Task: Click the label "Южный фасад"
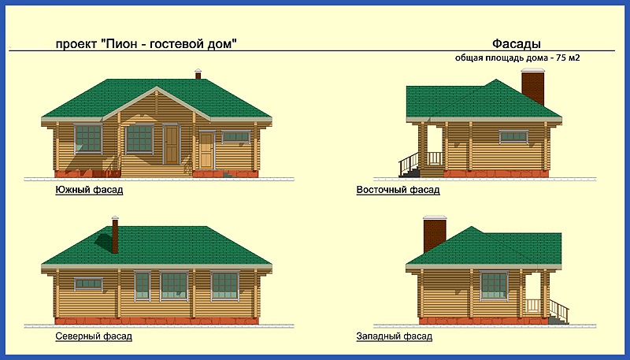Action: [89, 190]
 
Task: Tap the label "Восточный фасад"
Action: [398, 190]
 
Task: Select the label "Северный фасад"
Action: [94, 336]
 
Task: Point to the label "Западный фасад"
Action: [395, 336]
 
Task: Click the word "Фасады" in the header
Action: [517, 43]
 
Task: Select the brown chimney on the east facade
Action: [533, 87]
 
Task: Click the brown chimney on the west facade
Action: [435, 234]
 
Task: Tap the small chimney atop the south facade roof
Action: [198, 74]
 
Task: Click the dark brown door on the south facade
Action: [172, 144]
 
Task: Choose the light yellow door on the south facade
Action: [206, 150]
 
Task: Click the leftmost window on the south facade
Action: [87, 139]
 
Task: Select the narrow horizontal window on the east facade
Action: [513, 136]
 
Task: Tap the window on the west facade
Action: [494, 285]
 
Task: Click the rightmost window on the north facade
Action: [224, 285]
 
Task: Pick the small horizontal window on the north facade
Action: [88, 284]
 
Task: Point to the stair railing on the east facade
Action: [409, 163]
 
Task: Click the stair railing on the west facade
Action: [559, 310]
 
